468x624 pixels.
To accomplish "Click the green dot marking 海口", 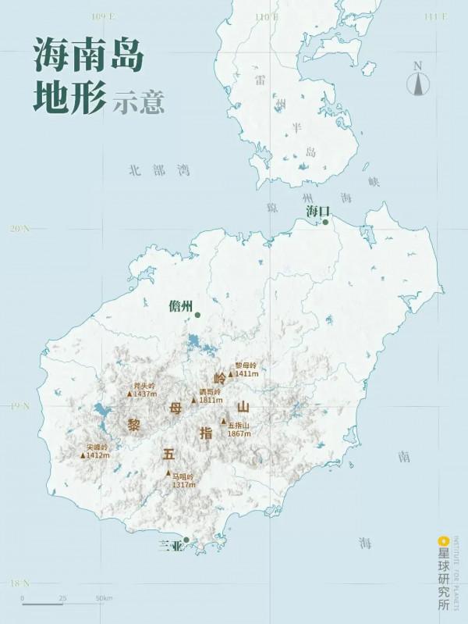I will click(x=325, y=222).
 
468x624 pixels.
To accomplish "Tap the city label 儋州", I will click(x=180, y=306).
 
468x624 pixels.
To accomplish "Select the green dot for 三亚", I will click(x=186, y=540).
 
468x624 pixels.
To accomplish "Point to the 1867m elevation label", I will click(x=239, y=433).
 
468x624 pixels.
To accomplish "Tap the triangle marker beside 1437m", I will click(x=129, y=394).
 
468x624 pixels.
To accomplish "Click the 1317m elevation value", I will click(x=184, y=485).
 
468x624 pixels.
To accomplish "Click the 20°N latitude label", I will click(x=19, y=229).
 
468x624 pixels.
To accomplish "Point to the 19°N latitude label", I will click(x=19, y=406).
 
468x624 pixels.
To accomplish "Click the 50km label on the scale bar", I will click(x=105, y=598).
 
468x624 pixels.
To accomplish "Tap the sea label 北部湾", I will click(x=160, y=169).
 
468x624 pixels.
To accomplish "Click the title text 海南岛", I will click(x=88, y=57).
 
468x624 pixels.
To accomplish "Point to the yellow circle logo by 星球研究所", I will click(x=443, y=539).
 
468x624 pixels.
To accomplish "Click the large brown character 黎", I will click(x=133, y=424).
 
